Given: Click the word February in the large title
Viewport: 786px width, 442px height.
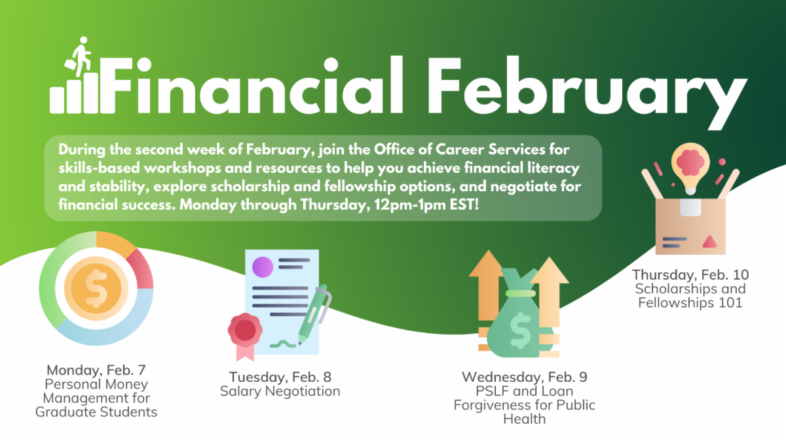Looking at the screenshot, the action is point(587,92).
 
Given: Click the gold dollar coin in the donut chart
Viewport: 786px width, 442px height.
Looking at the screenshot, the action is point(96,288).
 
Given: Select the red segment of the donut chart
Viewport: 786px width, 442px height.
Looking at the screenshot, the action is point(141,269).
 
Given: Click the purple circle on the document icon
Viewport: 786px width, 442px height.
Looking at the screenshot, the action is point(263,267).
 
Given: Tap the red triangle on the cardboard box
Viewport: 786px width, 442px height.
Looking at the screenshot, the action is point(709,242).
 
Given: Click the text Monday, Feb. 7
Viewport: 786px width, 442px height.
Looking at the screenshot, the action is point(96,371).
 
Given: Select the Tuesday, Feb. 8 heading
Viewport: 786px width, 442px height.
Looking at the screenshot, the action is point(280,377).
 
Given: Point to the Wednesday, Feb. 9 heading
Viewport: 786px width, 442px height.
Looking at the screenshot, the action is point(524,377).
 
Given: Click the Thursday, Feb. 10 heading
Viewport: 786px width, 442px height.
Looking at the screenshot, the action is point(690,275).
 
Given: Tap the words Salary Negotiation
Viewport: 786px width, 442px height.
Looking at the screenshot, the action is point(280,392).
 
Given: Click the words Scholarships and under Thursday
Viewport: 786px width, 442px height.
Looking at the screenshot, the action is point(690,289).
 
